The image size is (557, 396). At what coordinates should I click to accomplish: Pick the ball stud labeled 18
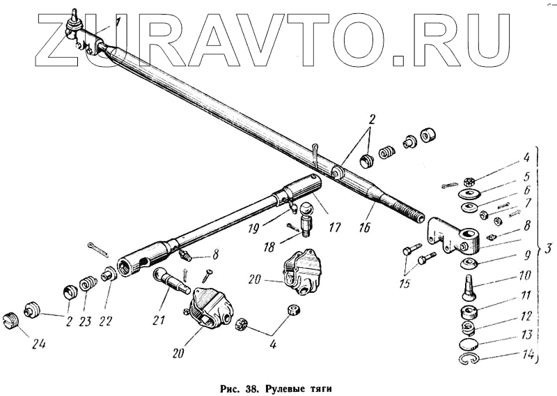coord(306,220)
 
